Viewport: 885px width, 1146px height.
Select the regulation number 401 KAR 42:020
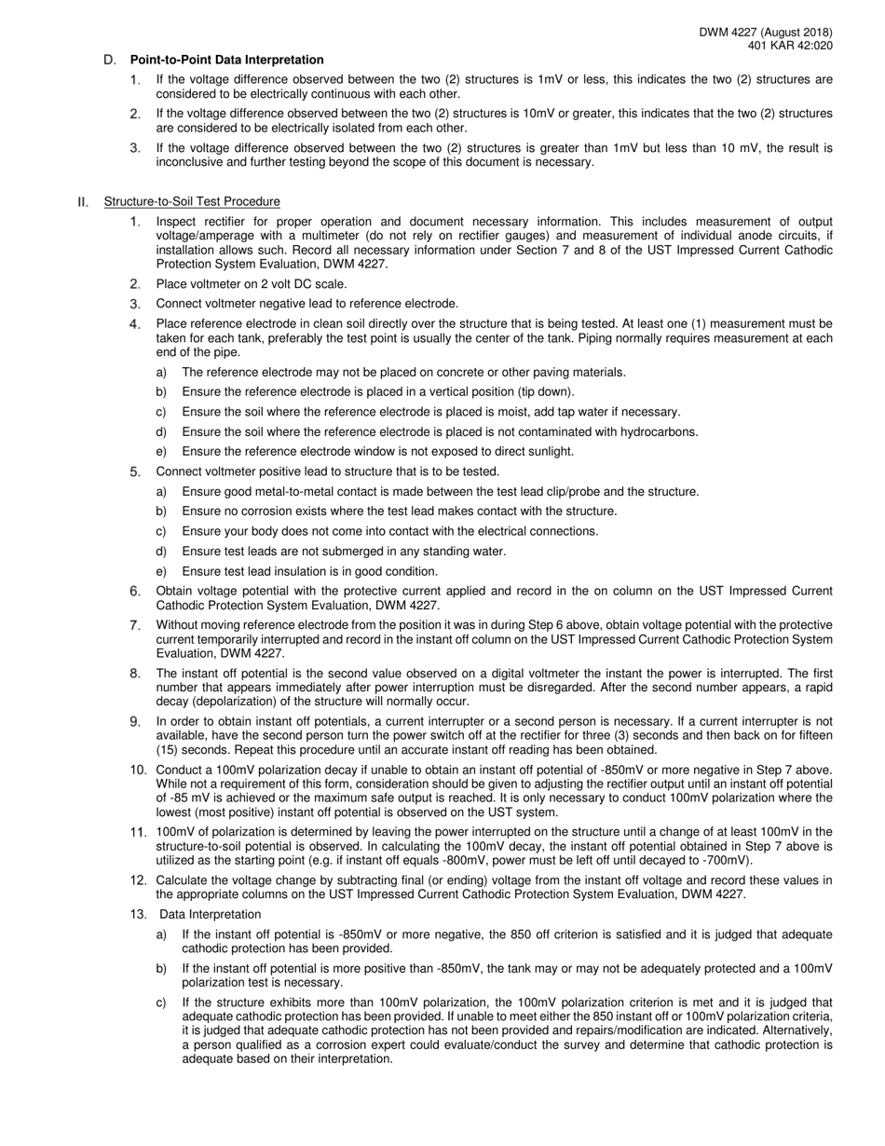click(790, 46)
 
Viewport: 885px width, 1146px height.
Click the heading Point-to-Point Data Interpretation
click(227, 60)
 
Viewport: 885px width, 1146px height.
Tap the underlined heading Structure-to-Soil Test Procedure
click(192, 201)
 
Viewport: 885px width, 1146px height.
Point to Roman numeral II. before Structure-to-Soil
click(84, 201)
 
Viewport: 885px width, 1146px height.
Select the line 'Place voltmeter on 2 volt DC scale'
click(252, 284)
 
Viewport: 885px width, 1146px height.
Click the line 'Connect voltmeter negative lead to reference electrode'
click(307, 304)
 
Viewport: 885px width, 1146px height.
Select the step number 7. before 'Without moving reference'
click(136, 624)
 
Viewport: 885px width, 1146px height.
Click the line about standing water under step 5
click(344, 551)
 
